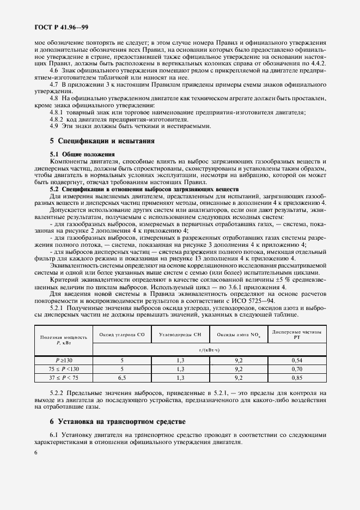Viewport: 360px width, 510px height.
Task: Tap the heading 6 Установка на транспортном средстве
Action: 117,421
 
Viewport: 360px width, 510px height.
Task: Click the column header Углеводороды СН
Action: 179,333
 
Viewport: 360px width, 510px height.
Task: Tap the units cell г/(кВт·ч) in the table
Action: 209,349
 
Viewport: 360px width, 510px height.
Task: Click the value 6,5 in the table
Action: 122,377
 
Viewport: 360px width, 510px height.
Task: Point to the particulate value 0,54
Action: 297,361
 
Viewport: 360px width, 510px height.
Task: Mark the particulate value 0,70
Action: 297,368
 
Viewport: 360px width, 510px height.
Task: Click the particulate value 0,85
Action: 297,377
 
